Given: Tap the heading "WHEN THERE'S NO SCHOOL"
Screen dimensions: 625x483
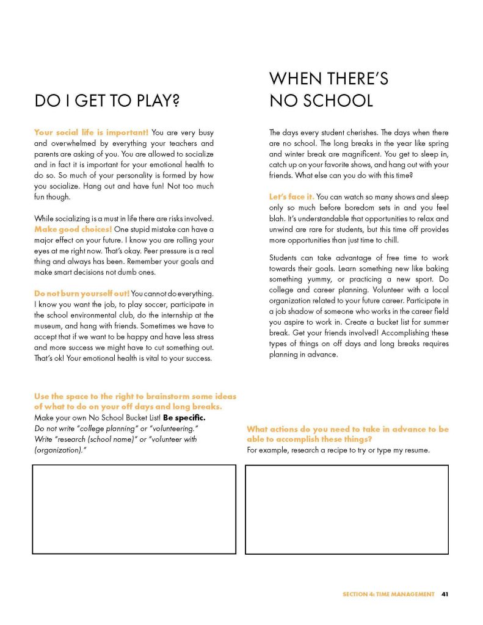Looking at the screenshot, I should [329, 89].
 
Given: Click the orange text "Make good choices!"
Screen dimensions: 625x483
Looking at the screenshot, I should [73, 229].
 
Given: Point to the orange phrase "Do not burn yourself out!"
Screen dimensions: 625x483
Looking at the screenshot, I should [82, 294].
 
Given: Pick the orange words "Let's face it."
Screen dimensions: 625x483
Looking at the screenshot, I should [291, 197].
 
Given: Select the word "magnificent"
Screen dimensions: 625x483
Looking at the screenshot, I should [364, 154].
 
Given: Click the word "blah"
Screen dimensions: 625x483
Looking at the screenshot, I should [278, 219].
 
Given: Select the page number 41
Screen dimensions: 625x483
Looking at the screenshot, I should [445, 594].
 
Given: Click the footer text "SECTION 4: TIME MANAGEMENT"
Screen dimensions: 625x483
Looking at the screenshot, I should [388, 594].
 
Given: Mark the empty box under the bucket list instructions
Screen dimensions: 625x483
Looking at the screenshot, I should [134, 509].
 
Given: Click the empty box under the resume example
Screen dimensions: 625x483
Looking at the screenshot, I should [346, 509].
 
